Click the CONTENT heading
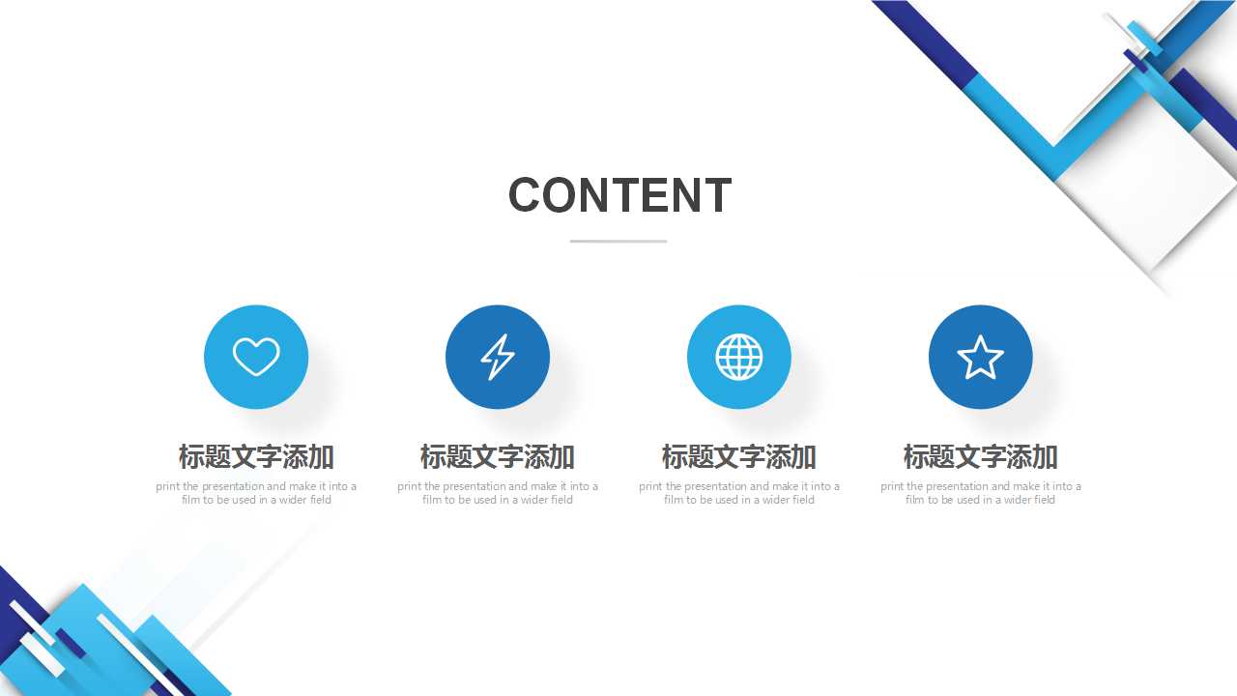(x=619, y=195)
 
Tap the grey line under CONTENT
(x=618, y=241)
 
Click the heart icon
(x=256, y=357)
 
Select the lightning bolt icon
(x=498, y=357)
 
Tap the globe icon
(x=739, y=357)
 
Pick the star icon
(x=981, y=357)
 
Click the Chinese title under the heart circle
(x=256, y=456)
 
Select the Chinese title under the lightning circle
(x=498, y=456)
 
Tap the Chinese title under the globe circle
(x=739, y=456)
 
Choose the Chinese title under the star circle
(x=981, y=456)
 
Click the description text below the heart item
(x=256, y=493)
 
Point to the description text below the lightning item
(x=498, y=493)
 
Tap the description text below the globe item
(x=739, y=493)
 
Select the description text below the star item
(x=981, y=493)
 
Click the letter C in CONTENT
(x=527, y=195)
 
